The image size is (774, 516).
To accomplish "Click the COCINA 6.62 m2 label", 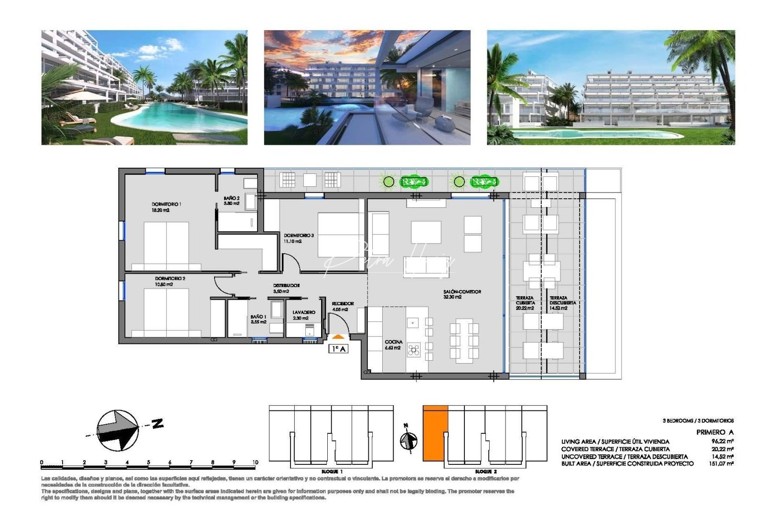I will [393, 344].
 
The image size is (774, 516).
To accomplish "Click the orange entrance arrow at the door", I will [338, 337].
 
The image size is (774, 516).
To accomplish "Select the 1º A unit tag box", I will [338, 349].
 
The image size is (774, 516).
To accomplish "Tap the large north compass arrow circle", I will [118, 430].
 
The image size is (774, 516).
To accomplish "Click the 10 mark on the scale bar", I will [255, 462].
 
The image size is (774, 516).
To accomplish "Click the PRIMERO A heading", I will [715, 432].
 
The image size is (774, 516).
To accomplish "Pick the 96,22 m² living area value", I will [722, 441].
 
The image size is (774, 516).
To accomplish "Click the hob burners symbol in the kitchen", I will [413, 350].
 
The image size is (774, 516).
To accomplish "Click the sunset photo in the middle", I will [367, 87].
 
